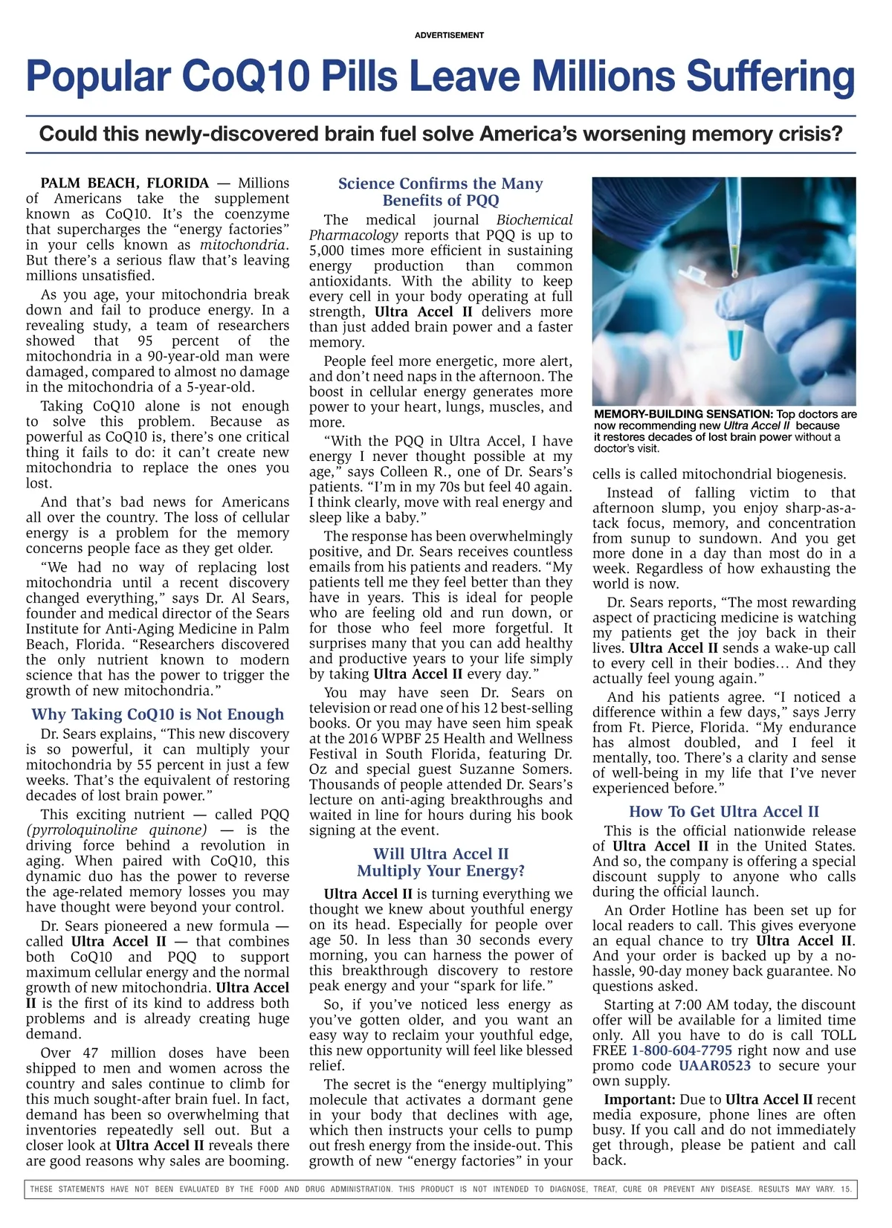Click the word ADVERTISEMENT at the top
[449, 35]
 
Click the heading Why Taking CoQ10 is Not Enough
[158, 714]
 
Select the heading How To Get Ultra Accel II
[723, 812]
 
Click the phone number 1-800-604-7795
[682, 1050]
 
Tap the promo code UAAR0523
[714, 1066]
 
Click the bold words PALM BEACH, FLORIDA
[125, 183]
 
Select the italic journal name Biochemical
[534, 220]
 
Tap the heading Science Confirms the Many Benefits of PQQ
[441, 192]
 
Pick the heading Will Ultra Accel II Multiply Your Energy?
[441, 862]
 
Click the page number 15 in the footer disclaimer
[846, 1189]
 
